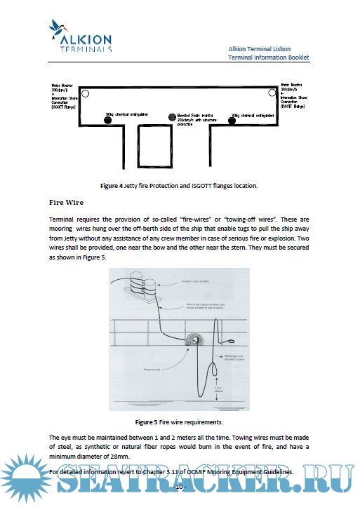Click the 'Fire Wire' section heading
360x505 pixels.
tap(67, 202)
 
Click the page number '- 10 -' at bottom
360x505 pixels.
tap(179, 487)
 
